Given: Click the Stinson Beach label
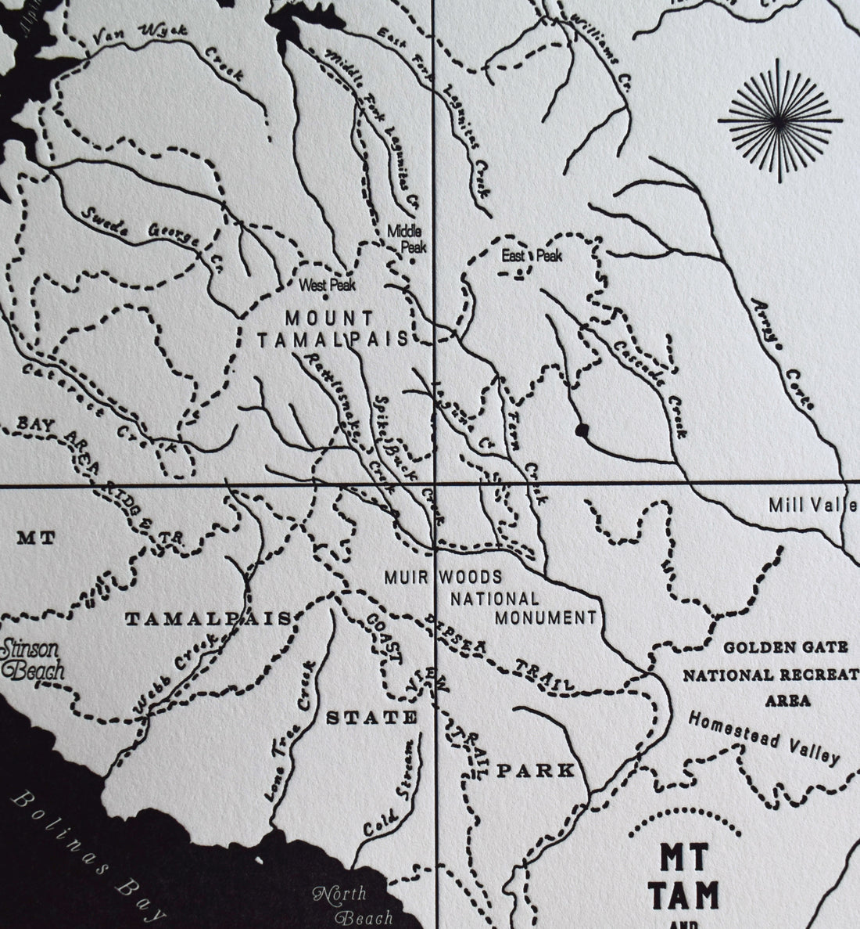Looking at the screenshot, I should point(32,659).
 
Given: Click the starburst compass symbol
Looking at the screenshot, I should point(780,121).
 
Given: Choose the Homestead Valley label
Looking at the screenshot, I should point(764,737).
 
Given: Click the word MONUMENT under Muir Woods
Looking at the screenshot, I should point(544,617).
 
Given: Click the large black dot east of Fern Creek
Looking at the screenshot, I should point(581,430).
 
